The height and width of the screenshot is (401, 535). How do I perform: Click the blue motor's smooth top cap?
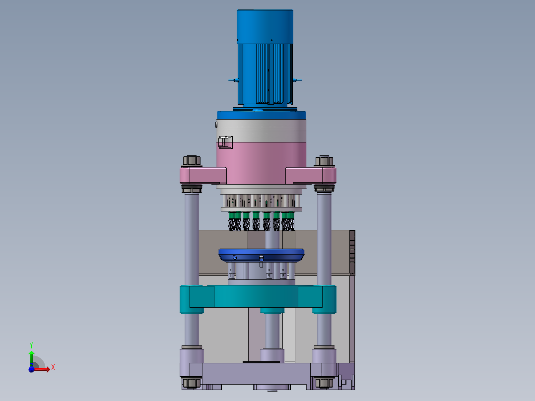coord(265,27)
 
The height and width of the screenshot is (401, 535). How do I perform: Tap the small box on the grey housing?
coord(225,142)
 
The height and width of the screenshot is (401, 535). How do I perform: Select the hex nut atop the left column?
coord(192,160)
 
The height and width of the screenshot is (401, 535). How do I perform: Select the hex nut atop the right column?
coord(324,161)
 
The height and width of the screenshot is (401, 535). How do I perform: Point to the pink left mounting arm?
coord(203,176)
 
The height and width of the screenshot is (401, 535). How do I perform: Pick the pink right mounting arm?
coord(311,176)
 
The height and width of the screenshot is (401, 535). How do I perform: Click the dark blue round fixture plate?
coord(262,255)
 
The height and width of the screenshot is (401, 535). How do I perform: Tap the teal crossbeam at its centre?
coord(258,296)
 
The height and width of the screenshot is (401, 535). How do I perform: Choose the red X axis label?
coord(53,367)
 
